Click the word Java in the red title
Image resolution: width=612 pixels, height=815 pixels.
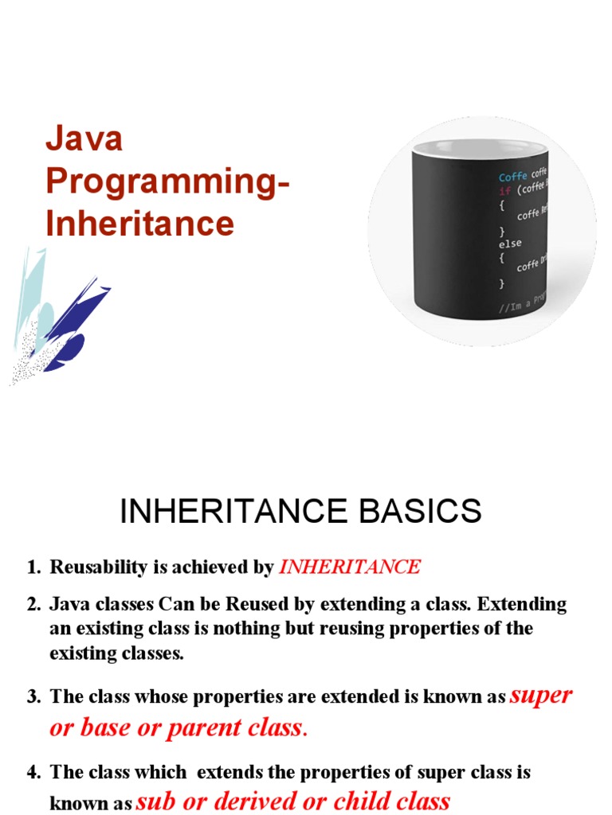(x=84, y=139)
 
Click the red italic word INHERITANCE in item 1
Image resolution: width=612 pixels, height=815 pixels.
(x=349, y=567)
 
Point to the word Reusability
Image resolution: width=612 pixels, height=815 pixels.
(x=98, y=567)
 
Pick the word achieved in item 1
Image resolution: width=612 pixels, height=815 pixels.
(x=207, y=567)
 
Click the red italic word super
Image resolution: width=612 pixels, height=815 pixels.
(x=540, y=695)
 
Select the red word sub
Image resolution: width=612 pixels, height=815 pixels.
(x=155, y=801)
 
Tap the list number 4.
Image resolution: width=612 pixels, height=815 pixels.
(x=33, y=772)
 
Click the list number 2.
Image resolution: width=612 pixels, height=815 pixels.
(x=33, y=604)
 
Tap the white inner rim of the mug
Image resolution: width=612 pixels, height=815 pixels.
(x=478, y=148)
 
